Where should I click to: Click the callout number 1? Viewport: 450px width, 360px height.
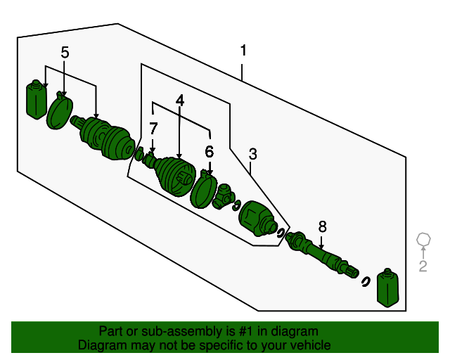coord(243,51)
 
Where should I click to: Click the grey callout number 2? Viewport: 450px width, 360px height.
coord(423,266)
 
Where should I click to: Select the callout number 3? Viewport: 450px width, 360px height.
coord(253,154)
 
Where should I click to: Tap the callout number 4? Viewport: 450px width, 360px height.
coord(180,101)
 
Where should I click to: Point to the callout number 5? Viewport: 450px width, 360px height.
coord(65,52)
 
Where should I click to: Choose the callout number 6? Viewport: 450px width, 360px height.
coord(209,151)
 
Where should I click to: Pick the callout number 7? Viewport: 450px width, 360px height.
coord(153,128)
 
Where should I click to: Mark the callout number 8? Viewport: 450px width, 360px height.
coord(322,226)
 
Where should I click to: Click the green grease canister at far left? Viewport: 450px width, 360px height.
coord(36,101)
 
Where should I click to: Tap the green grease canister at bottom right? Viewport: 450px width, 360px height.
coord(388,288)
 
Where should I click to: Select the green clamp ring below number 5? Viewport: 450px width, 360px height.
coord(59,113)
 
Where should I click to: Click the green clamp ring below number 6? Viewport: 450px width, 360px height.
coord(204,188)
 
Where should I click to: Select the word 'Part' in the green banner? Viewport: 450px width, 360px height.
coord(110,331)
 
